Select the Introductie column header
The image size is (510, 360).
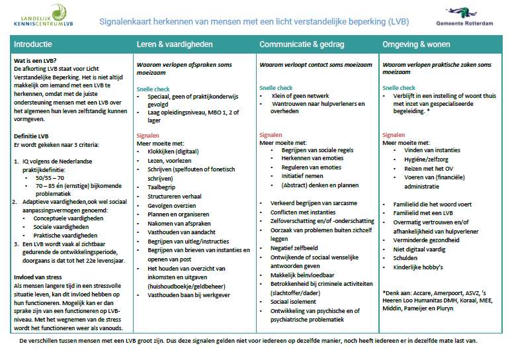[x=33, y=44]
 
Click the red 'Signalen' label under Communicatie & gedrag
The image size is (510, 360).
[x=271, y=134]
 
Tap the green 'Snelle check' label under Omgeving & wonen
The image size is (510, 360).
[x=399, y=87]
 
